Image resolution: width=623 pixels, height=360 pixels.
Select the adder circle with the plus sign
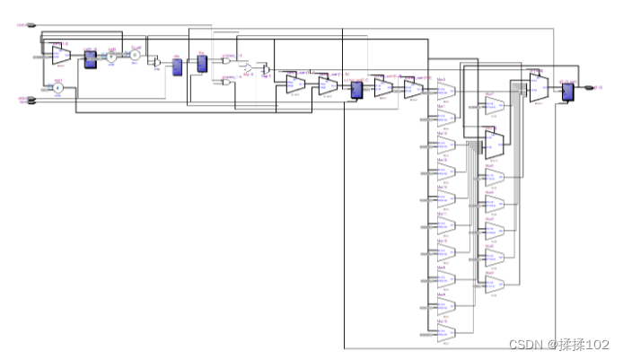[57, 87]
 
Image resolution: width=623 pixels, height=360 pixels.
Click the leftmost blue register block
[90, 58]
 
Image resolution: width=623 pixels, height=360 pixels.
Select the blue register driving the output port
[566, 91]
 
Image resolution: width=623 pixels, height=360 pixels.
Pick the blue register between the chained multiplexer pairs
[356, 88]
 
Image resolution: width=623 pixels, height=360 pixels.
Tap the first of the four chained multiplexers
[296, 85]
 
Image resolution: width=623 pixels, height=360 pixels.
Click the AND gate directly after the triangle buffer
[263, 69]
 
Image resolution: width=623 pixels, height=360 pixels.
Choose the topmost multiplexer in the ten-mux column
[446, 94]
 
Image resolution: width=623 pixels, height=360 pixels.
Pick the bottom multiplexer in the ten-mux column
[446, 333]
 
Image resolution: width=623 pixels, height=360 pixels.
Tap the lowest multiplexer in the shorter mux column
[495, 284]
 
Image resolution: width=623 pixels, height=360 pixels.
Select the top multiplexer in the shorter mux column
[495, 108]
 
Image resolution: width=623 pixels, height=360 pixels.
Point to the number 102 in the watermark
[598, 345]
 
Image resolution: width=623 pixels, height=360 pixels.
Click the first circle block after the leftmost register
[112, 59]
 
